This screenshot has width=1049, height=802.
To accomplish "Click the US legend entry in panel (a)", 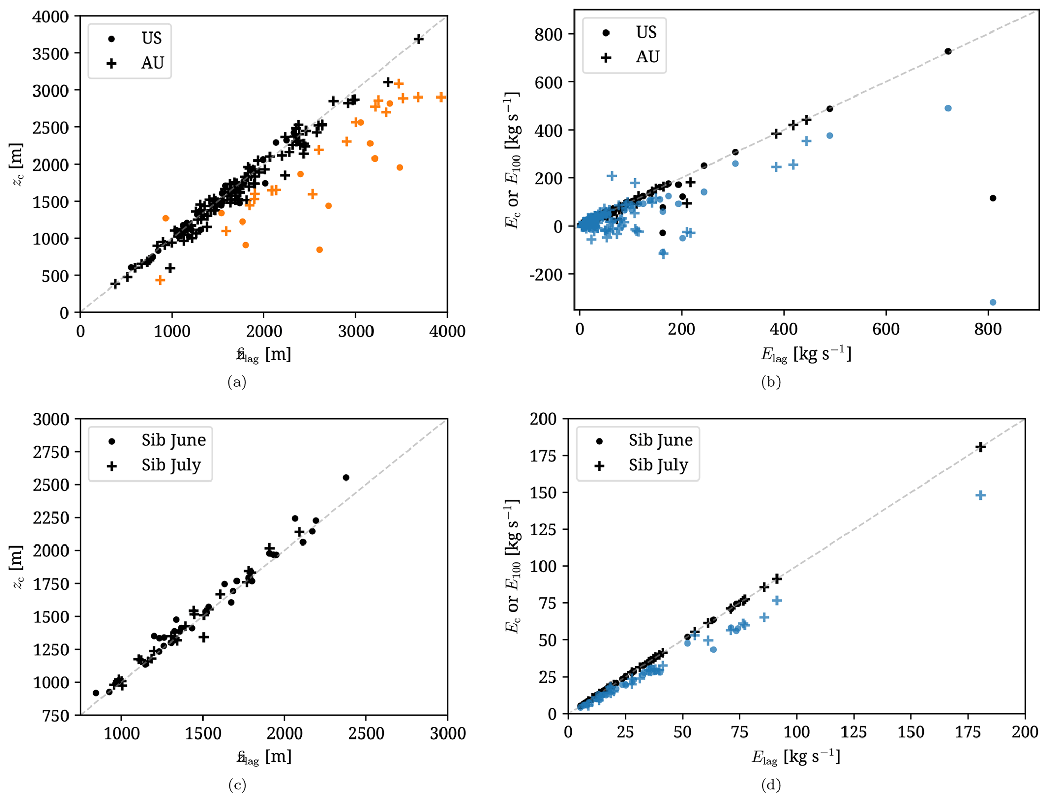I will pyautogui.click(x=151, y=38).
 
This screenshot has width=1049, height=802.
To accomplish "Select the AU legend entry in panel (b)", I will pyautogui.click(x=647, y=57).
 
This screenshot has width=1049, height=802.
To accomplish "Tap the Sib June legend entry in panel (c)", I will pyautogui.click(x=173, y=440).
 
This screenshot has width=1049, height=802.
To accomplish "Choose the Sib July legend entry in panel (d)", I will pyautogui.click(x=658, y=465).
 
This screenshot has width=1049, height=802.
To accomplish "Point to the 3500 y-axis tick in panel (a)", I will pyautogui.click(x=50, y=53).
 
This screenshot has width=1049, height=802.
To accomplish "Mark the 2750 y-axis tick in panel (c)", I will pyautogui.click(x=50, y=452).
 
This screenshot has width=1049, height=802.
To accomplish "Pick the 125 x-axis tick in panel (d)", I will pyautogui.click(x=853, y=732).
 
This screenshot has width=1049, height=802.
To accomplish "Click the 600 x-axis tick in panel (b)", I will pyautogui.click(x=886, y=329).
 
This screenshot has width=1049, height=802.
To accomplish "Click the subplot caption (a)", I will pyautogui.click(x=237, y=381).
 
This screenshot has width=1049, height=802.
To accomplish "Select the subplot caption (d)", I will pyautogui.click(x=770, y=785).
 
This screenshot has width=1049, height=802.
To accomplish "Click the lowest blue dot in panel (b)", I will pyautogui.click(x=993, y=302).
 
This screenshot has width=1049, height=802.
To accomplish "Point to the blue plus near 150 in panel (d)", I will pyautogui.click(x=980, y=495).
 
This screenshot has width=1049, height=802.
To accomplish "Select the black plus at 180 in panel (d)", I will pyautogui.click(x=980, y=447).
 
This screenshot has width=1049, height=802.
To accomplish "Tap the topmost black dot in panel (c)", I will pyautogui.click(x=346, y=477).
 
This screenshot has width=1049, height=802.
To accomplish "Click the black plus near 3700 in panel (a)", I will pyautogui.click(x=418, y=39).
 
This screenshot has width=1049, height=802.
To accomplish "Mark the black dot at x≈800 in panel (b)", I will pyautogui.click(x=993, y=198).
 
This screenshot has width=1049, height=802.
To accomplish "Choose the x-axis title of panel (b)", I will pyautogui.click(x=806, y=354).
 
